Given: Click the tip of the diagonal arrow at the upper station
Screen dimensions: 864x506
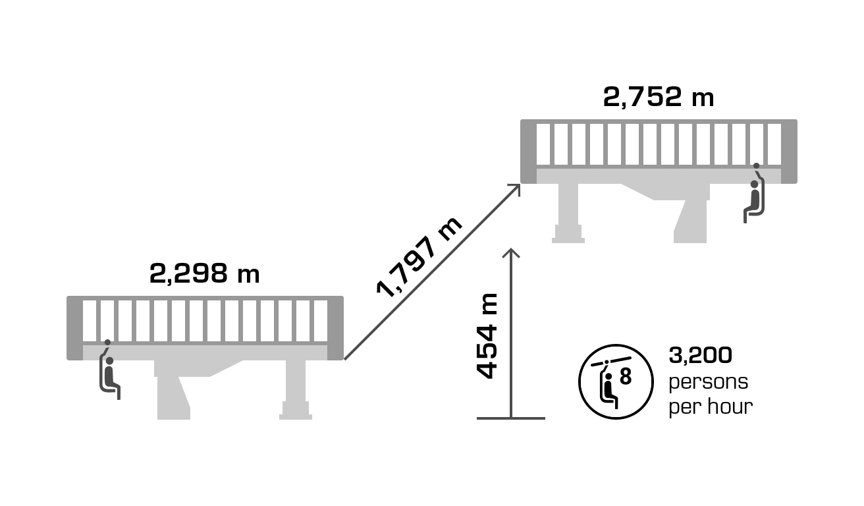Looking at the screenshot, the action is (x=520, y=184).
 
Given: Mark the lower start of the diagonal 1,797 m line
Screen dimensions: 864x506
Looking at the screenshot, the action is (x=344, y=359).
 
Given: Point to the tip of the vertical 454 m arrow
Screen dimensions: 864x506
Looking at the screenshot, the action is (x=511, y=249).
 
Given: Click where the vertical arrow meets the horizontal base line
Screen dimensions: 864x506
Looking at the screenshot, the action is (x=511, y=418).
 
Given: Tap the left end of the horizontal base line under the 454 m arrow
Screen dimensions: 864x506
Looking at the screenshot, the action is (x=477, y=418).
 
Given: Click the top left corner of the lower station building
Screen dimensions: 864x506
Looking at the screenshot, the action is (x=67, y=296).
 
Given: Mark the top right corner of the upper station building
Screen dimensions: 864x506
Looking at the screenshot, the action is (x=797, y=120).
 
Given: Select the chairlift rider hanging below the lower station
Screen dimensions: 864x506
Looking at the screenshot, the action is (x=109, y=370).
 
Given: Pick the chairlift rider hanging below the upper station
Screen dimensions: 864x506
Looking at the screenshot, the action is (x=754, y=193).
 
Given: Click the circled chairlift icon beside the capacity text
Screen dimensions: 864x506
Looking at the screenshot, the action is (x=616, y=381).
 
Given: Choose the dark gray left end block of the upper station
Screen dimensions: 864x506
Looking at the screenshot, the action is (x=528, y=152).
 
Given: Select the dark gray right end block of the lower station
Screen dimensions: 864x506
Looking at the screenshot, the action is (x=336, y=328).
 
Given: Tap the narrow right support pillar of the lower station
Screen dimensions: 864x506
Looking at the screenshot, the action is (x=296, y=390).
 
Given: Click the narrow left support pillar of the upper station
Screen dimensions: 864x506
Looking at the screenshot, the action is (x=568, y=213).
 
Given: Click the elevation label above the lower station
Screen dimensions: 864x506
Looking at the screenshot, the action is (x=204, y=273).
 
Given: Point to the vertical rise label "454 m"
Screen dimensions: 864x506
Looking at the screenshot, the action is (x=487, y=336).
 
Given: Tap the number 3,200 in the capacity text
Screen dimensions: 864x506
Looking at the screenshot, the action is (x=701, y=356).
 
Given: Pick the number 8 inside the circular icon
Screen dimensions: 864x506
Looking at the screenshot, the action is (x=626, y=376).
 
